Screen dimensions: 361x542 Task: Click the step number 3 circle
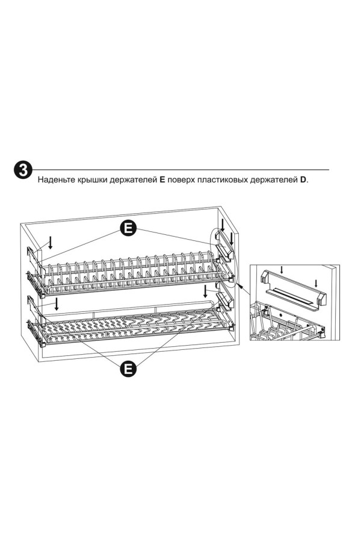point(23,170)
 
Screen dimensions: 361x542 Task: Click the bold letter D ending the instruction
point(303,180)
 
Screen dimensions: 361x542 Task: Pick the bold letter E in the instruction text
point(162,180)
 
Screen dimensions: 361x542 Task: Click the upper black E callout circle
point(128,228)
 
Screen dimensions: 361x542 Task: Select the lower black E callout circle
point(128,369)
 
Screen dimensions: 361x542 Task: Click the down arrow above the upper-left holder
point(51,243)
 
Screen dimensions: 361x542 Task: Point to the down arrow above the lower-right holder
point(206,291)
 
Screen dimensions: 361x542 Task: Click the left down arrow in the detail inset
point(282,270)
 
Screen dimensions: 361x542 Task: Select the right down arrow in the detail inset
point(316,283)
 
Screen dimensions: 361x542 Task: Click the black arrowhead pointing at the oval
point(239,286)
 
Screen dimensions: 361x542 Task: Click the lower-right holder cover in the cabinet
point(223,300)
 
